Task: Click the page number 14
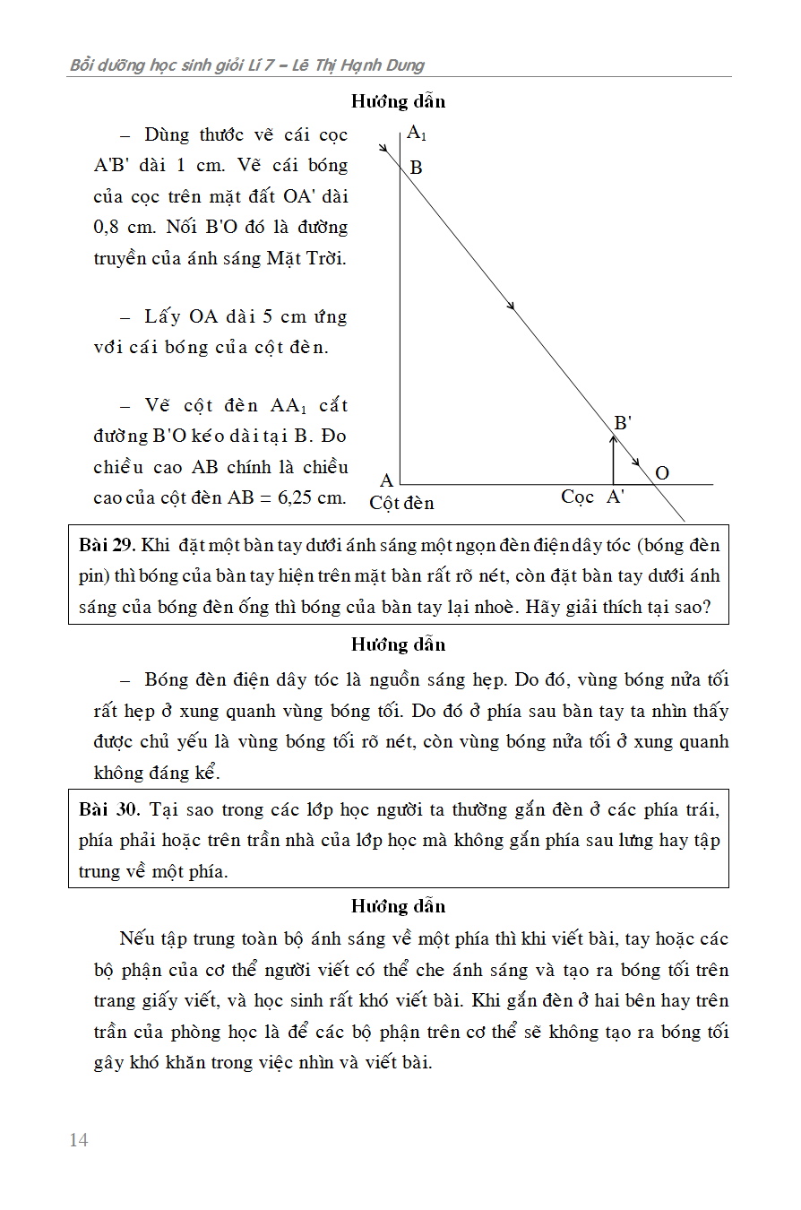pyautogui.click(x=79, y=1140)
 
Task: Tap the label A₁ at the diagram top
pyautogui.click(x=417, y=134)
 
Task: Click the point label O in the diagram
pyautogui.click(x=662, y=472)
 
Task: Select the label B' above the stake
pyautogui.click(x=623, y=423)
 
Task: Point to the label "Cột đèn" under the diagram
pyautogui.click(x=401, y=503)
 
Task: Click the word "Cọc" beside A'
pyautogui.click(x=577, y=497)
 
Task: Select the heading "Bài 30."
pyautogui.click(x=108, y=810)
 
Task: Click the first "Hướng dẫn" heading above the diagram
pyautogui.click(x=398, y=101)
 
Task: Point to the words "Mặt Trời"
pyautogui.click(x=306, y=258)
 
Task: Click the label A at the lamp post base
pyautogui.click(x=387, y=481)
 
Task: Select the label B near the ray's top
pyautogui.click(x=416, y=168)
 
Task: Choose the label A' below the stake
pyautogui.click(x=616, y=497)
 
